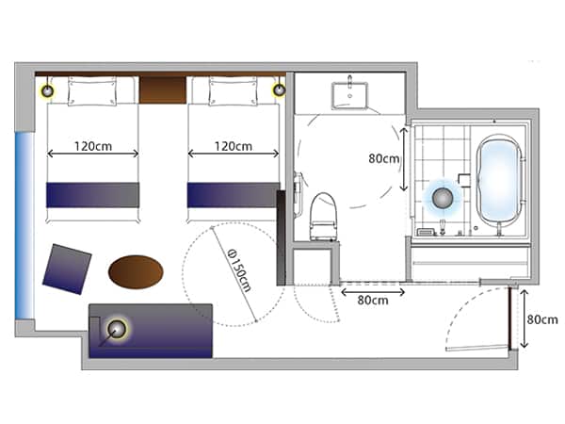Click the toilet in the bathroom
[x=324, y=217]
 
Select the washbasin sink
[x=349, y=95]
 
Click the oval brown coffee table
[x=136, y=272]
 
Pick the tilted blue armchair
[x=67, y=269]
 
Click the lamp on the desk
[x=117, y=329]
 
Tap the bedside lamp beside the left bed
[x=47, y=90]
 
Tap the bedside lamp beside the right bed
[x=280, y=90]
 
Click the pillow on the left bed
[x=92, y=91]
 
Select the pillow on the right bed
[x=234, y=91]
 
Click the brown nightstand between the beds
[x=163, y=90]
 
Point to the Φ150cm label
[x=240, y=270]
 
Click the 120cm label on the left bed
[x=93, y=146]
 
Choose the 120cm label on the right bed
[x=234, y=146]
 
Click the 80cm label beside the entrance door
[x=542, y=319]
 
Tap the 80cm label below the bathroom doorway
[x=373, y=300]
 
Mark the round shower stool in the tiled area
[x=443, y=198]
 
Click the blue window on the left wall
[x=25, y=225]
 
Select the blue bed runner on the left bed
[x=92, y=195]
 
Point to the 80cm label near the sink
[x=384, y=158]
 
